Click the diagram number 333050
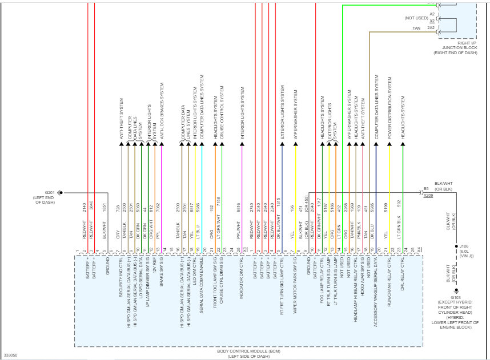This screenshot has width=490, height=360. coord(11,355)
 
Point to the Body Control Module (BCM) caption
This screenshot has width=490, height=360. coord(250,350)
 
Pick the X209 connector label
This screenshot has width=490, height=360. coord(428,196)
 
